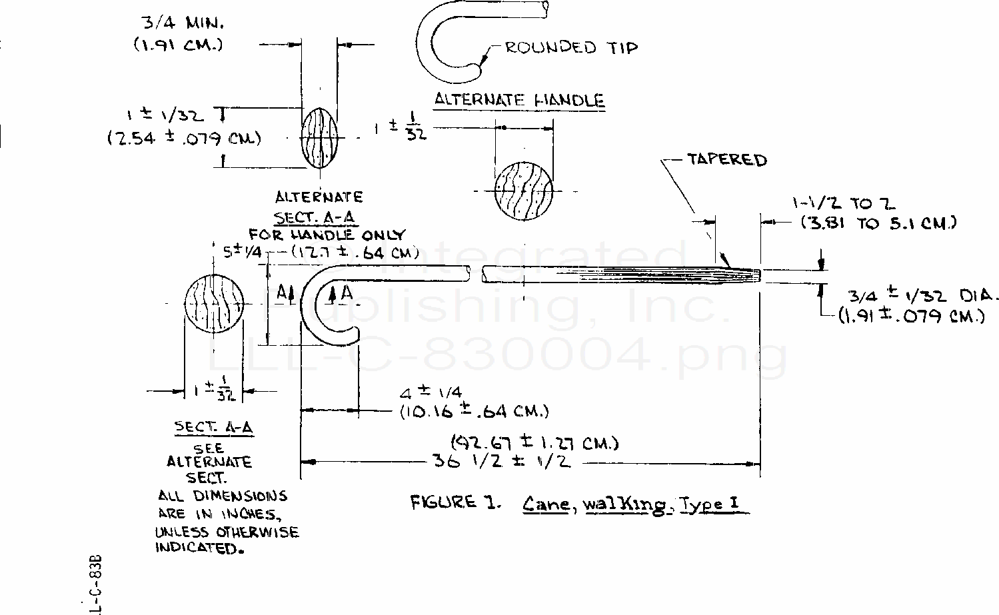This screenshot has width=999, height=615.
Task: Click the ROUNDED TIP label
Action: tap(570, 47)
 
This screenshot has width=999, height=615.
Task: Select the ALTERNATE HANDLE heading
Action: tap(519, 101)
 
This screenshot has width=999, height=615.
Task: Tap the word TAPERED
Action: tap(726, 160)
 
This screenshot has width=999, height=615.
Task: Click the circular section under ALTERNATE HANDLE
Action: tap(523, 190)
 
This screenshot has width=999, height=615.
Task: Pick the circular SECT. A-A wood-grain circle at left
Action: tap(214, 303)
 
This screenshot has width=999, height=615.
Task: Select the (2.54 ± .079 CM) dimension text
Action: tap(184, 139)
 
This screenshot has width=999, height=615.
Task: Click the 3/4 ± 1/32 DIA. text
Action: tap(923, 296)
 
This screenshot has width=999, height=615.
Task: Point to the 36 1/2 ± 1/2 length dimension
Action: tap(501, 461)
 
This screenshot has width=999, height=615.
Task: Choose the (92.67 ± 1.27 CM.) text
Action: tap(534, 443)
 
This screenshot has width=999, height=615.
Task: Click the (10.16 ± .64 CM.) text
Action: tap(474, 411)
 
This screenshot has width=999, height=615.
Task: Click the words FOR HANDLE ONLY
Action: tap(327, 235)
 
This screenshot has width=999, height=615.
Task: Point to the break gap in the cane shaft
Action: tap(475, 273)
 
